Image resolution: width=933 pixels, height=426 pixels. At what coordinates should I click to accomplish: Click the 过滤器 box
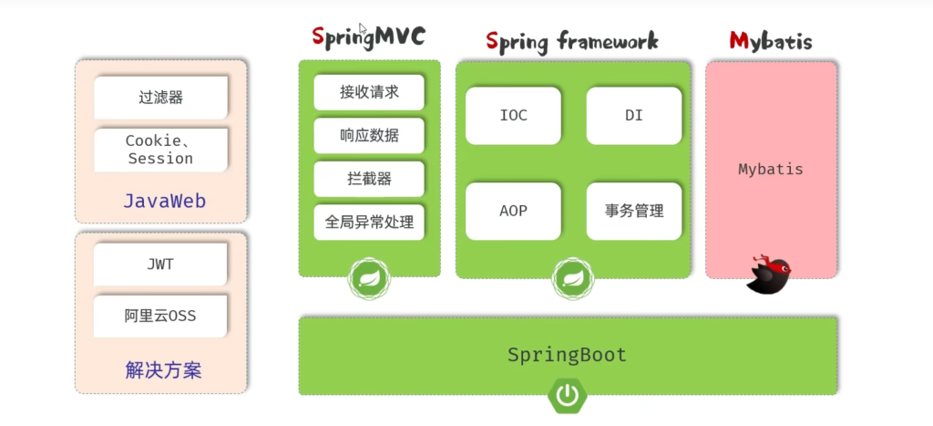pos(160,98)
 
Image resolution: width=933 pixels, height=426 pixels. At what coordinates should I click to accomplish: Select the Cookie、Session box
pos(160,150)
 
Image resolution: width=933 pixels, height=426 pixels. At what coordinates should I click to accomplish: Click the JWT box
pos(160,265)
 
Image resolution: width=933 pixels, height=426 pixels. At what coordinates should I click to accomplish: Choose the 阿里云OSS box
pos(160,317)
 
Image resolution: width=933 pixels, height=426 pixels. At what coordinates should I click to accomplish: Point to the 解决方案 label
pos(163,370)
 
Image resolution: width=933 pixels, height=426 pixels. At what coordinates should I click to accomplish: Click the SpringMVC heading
pos(368,37)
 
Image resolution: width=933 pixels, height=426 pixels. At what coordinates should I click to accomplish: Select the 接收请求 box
pos(369,92)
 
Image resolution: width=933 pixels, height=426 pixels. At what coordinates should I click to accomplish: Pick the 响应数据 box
pos(369,136)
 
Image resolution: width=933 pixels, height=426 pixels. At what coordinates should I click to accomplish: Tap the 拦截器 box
pos(369,179)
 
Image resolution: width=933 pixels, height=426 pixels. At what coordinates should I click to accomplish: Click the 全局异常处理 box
pos(369,222)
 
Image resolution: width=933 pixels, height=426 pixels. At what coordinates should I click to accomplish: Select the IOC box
pos(513,116)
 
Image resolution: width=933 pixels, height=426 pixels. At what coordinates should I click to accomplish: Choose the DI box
pos(633,116)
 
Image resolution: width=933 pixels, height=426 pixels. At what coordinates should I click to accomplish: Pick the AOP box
pos(513,211)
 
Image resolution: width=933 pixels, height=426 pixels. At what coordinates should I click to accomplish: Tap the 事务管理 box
pos(633,211)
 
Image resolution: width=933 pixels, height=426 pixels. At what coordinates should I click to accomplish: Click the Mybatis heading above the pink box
pos(770,41)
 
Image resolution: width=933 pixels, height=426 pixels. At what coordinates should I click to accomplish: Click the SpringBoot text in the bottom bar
pos(567,355)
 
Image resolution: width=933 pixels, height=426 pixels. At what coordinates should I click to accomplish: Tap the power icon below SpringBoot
pos(567,395)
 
